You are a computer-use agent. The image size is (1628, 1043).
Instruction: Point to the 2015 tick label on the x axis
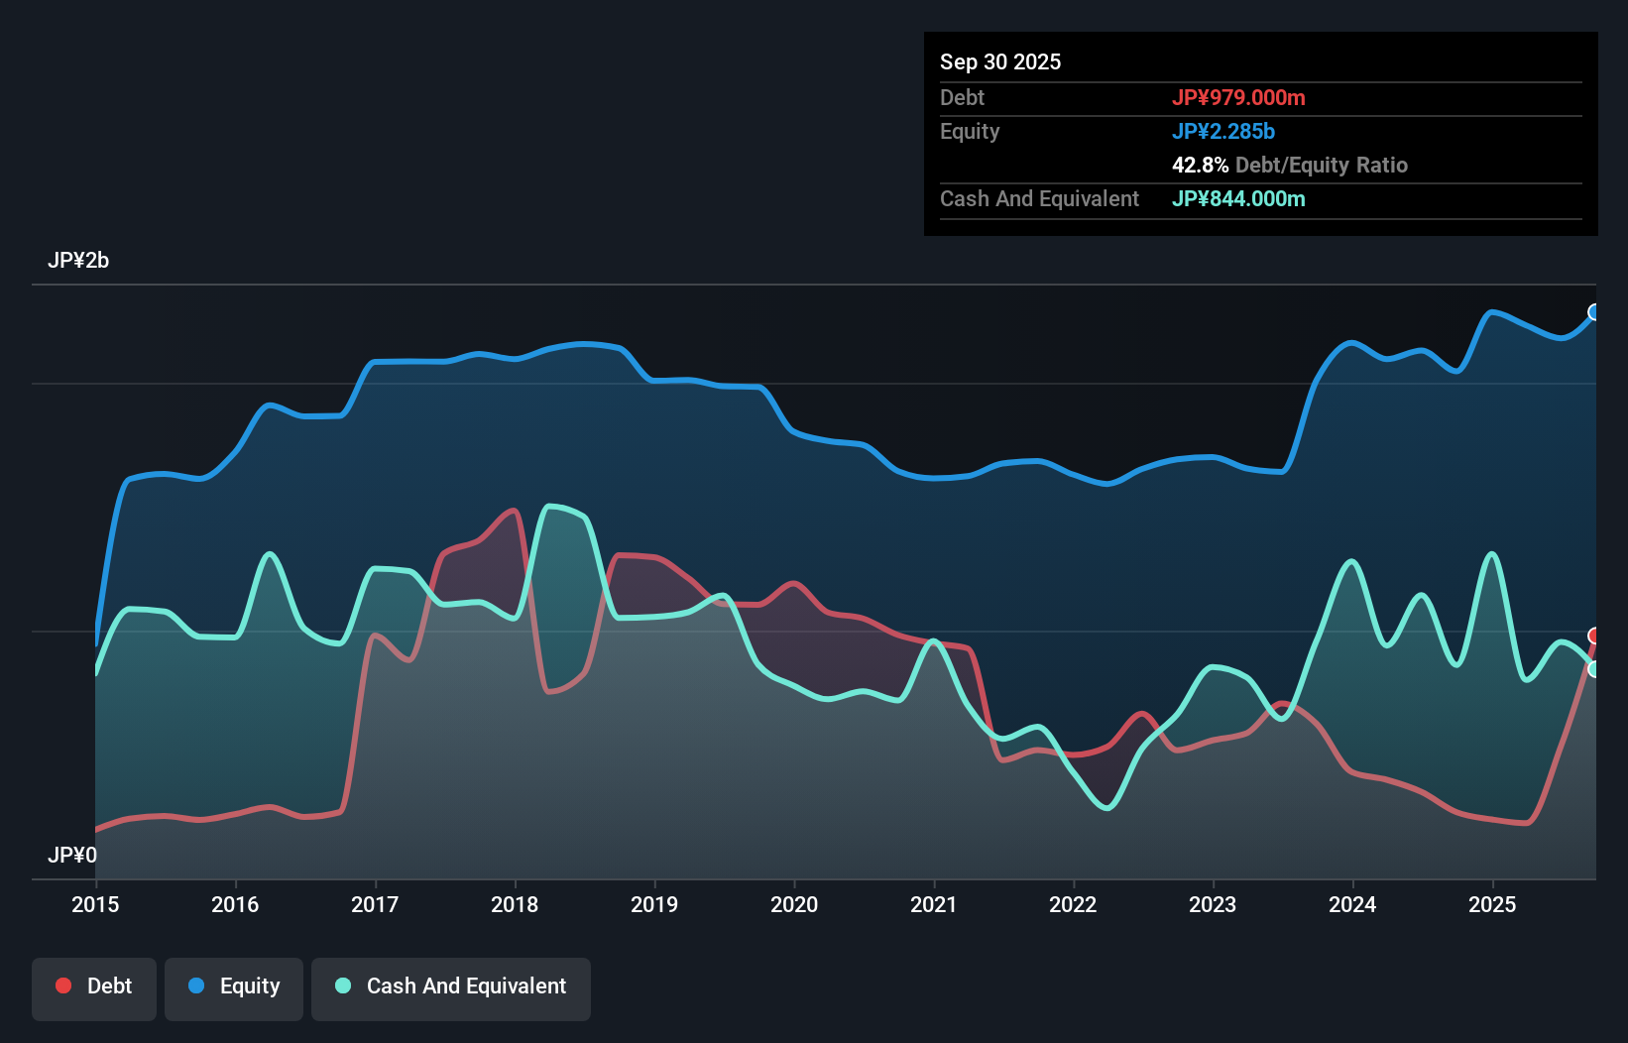pyautogui.click(x=95, y=904)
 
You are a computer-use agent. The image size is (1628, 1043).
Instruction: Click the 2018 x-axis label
pyautogui.click(x=515, y=904)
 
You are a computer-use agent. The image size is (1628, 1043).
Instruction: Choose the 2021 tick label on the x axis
pyautogui.click(x=934, y=904)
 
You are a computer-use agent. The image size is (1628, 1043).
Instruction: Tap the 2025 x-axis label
pyautogui.click(x=1492, y=904)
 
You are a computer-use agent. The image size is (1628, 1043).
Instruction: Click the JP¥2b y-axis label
pyautogui.click(x=78, y=261)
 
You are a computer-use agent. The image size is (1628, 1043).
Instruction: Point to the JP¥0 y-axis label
pyautogui.click(x=72, y=855)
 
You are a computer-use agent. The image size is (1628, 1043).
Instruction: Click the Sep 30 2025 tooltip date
pyautogui.click(x=1000, y=61)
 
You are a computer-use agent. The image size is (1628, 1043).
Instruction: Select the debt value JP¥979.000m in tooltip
pyautogui.click(x=1238, y=97)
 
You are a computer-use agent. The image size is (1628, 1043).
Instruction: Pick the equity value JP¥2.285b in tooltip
pyautogui.click(x=1223, y=131)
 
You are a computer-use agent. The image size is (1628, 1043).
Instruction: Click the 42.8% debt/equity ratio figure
pyautogui.click(x=1200, y=165)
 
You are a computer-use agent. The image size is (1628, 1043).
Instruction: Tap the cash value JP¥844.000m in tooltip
pyautogui.click(x=1238, y=198)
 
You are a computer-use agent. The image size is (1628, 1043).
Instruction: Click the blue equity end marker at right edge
pyautogui.click(x=1594, y=312)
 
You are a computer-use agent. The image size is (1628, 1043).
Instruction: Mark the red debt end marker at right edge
pyautogui.click(x=1594, y=636)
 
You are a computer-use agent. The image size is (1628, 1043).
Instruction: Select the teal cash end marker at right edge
pyautogui.click(x=1594, y=669)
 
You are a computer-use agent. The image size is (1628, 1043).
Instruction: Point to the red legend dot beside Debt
pyautogui.click(x=63, y=985)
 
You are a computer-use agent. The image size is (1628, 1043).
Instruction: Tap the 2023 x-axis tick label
pyautogui.click(x=1213, y=904)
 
